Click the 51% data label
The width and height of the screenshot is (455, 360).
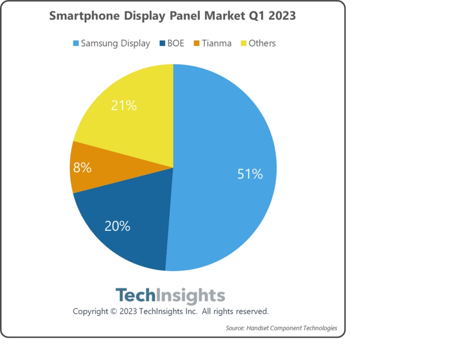point(250,174)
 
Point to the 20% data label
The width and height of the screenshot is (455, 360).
point(117,226)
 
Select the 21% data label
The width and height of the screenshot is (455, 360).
point(124,106)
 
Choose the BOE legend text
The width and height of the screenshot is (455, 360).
point(176,44)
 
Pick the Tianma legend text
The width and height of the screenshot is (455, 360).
point(216,44)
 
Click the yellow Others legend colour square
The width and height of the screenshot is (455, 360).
point(243,44)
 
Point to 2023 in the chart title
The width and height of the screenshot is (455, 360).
point(281,16)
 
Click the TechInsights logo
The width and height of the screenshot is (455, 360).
point(170,296)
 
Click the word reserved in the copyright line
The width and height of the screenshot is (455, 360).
point(251,311)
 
